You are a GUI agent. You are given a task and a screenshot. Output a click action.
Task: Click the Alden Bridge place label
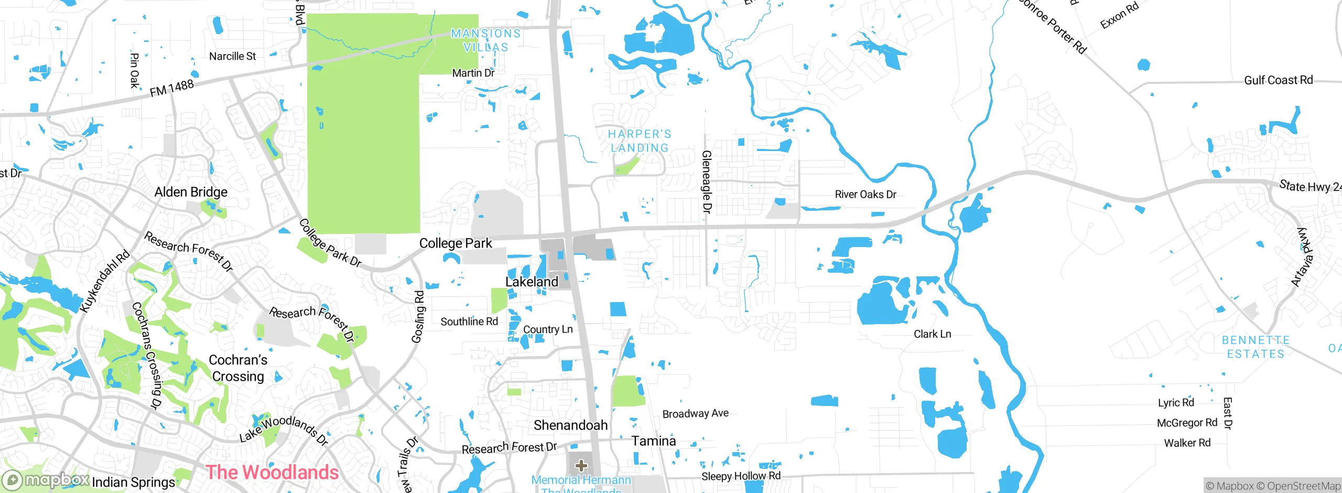click(x=191, y=192)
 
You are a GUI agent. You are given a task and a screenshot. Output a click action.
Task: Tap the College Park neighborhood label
click(x=455, y=243)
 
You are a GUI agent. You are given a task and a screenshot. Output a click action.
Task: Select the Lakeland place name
click(x=532, y=282)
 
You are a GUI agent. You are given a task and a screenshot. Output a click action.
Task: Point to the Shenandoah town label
click(x=570, y=425)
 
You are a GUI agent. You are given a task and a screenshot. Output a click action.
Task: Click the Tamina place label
click(x=653, y=441)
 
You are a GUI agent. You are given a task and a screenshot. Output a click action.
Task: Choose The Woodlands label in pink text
click(x=272, y=472)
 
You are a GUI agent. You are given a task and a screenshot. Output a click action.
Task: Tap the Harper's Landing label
click(x=640, y=141)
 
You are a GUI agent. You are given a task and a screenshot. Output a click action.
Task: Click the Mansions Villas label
click(x=486, y=40)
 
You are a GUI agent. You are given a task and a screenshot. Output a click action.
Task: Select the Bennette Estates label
click(x=1256, y=347)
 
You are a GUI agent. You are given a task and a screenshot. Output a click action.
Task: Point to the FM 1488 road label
click(x=172, y=88)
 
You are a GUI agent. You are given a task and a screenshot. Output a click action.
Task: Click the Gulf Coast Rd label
click(x=1278, y=80)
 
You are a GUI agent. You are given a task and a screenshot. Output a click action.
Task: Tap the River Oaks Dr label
click(x=865, y=195)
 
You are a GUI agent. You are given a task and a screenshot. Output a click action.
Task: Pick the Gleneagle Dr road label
click(x=707, y=181)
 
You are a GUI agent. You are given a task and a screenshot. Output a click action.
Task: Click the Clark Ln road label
click(x=932, y=334)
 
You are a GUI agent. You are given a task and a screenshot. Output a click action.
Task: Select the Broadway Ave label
click(x=695, y=414)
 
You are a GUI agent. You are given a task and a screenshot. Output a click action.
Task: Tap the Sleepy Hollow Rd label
click(x=741, y=476)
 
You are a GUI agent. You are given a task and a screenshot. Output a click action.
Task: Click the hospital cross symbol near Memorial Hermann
click(x=581, y=465)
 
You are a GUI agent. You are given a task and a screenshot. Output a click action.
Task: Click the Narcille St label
click(x=232, y=56)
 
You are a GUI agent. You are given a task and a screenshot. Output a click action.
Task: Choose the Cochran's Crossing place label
click(x=237, y=368)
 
